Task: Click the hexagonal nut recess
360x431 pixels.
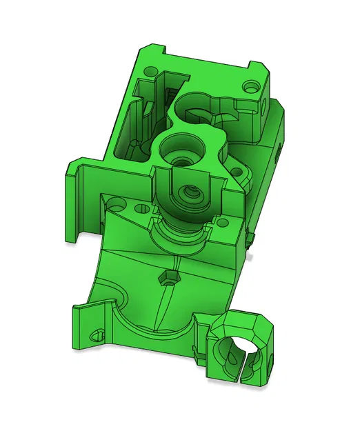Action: (x=167, y=278)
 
